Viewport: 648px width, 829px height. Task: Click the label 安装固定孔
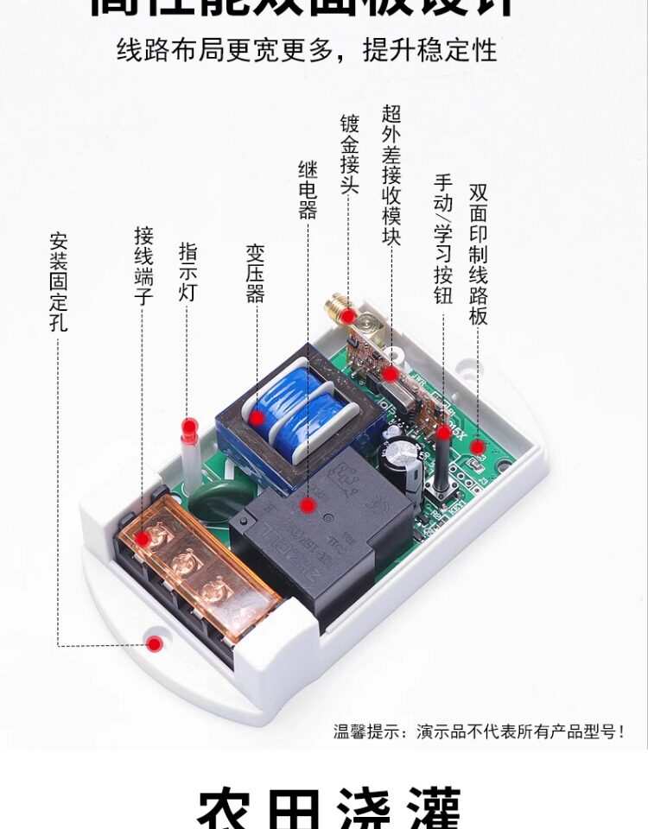pyautogui.click(x=59, y=282)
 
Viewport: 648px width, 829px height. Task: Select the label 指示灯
pyautogui.click(x=187, y=271)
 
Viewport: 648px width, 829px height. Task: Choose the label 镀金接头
pyautogui.click(x=349, y=155)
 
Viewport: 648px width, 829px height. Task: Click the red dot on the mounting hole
pyautogui.click(x=155, y=643)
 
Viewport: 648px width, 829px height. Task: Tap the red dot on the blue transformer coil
pyautogui.click(x=257, y=418)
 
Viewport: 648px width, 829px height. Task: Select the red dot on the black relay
pyautogui.click(x=308, y=503)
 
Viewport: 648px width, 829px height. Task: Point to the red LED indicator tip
pyautogui.click(x=189, y=427)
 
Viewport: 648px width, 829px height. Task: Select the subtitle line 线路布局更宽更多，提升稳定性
pyautogui.click(x=308, y=49)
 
